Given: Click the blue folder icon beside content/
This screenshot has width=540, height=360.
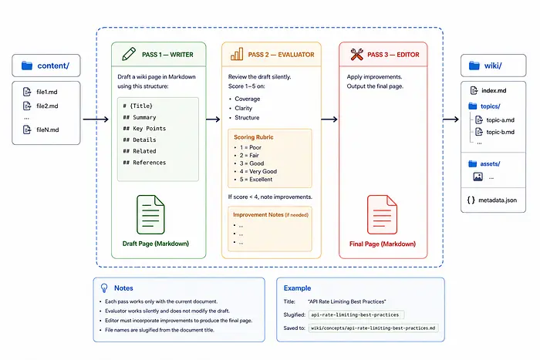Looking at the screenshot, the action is click(27, 66).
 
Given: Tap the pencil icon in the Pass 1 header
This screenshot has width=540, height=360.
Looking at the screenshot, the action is click(129, 54).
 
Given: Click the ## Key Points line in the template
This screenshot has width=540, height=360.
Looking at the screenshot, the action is click(144, 129).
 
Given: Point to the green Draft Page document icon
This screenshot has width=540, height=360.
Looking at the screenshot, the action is click(150, 215).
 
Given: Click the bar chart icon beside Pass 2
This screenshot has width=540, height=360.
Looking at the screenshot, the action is click(237, 54).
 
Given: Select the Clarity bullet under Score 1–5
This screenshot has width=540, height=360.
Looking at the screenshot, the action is click(244, 108).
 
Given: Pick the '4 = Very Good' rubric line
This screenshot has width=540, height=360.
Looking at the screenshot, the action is click(258, 171).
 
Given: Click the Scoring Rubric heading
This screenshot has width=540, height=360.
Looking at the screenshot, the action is click(254, 137).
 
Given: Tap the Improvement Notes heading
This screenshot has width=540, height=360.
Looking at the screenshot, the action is click(258, 215).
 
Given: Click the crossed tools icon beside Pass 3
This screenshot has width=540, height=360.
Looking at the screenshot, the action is click(356, 55).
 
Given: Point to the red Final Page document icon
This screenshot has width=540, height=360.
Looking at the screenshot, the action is click(382, 215).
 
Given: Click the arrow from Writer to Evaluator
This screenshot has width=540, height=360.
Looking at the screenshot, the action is click(213, 119).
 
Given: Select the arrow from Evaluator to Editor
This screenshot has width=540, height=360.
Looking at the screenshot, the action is click(329, 119).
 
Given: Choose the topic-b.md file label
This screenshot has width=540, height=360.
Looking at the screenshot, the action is click(501, 132).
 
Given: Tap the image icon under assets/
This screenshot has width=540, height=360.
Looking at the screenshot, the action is click(478, 177).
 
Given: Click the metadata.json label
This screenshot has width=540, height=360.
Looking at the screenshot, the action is click(498, 200).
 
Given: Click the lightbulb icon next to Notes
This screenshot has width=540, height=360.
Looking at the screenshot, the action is click(104, 288).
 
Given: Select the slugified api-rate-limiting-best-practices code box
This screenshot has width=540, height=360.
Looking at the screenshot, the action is click(356, 315).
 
